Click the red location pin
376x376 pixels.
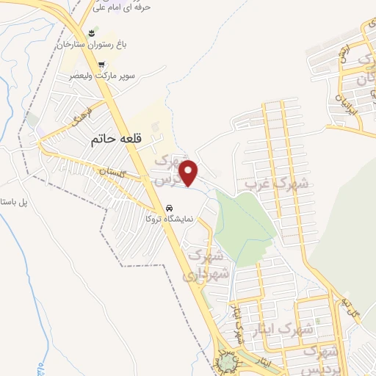(189, 173)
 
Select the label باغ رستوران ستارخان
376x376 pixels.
(93, 46)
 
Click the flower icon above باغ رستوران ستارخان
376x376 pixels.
(92, 34)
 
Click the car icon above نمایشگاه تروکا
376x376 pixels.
(169, 207)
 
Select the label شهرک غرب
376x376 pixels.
(277, 184)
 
